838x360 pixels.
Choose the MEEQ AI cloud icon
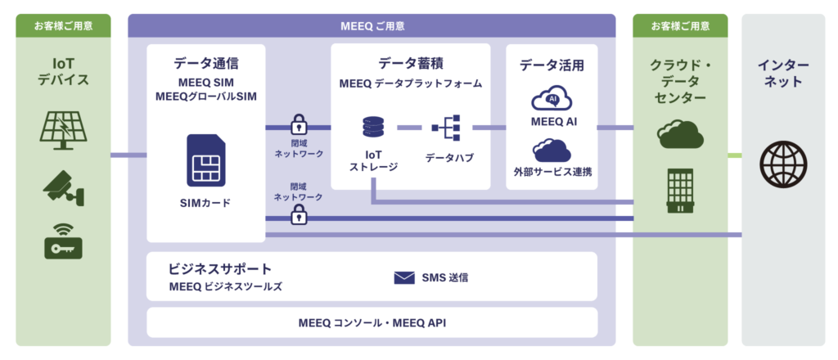coord(552,100)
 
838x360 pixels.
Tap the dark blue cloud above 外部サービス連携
coord(552,150)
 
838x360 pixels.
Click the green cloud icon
coord(680,134)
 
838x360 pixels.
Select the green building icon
coord(680,191)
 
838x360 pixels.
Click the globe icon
coord(783,164)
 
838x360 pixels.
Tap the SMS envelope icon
coord(404,277)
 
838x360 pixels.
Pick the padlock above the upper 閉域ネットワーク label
coord(298,124)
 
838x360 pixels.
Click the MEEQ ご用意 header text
coord(372,25)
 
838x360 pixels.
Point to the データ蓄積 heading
coord(411,63)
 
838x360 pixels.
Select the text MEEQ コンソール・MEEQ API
coord(372,322)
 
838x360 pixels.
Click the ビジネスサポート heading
coord(220,268)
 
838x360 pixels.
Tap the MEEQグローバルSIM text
coord(205,97)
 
